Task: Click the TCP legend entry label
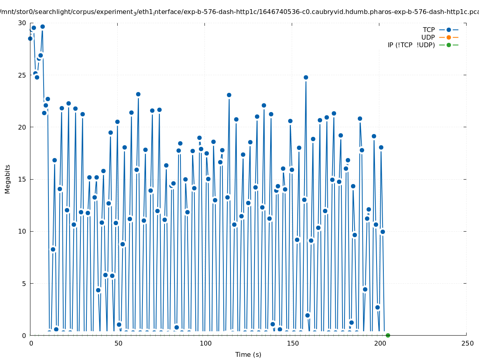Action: tap(429, 30)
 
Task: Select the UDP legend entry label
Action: tap(428, 37)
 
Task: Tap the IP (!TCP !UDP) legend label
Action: tap(411, 45)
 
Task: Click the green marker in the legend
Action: tap(449, 45)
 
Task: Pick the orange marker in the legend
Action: tap(449, 37)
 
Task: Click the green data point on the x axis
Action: tap(388, 335)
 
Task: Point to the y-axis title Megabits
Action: tap(8, 179)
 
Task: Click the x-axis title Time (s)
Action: tap(248, 354)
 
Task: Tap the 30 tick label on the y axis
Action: tap(22, 23)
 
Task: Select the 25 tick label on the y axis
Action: tap(22, 75)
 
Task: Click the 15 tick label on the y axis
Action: tap(22, 179)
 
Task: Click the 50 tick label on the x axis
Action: tap(118, 343)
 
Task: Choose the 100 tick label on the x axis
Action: tap(205, 343)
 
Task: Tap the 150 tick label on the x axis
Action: tap(293, 343)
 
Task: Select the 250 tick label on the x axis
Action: tap(467, 343)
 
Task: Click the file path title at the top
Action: tap(239, 12)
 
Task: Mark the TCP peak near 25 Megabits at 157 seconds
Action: tap(306, 77)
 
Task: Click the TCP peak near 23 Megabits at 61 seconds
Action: tap(138, 94)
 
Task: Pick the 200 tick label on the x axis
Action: tap(380, 343)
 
